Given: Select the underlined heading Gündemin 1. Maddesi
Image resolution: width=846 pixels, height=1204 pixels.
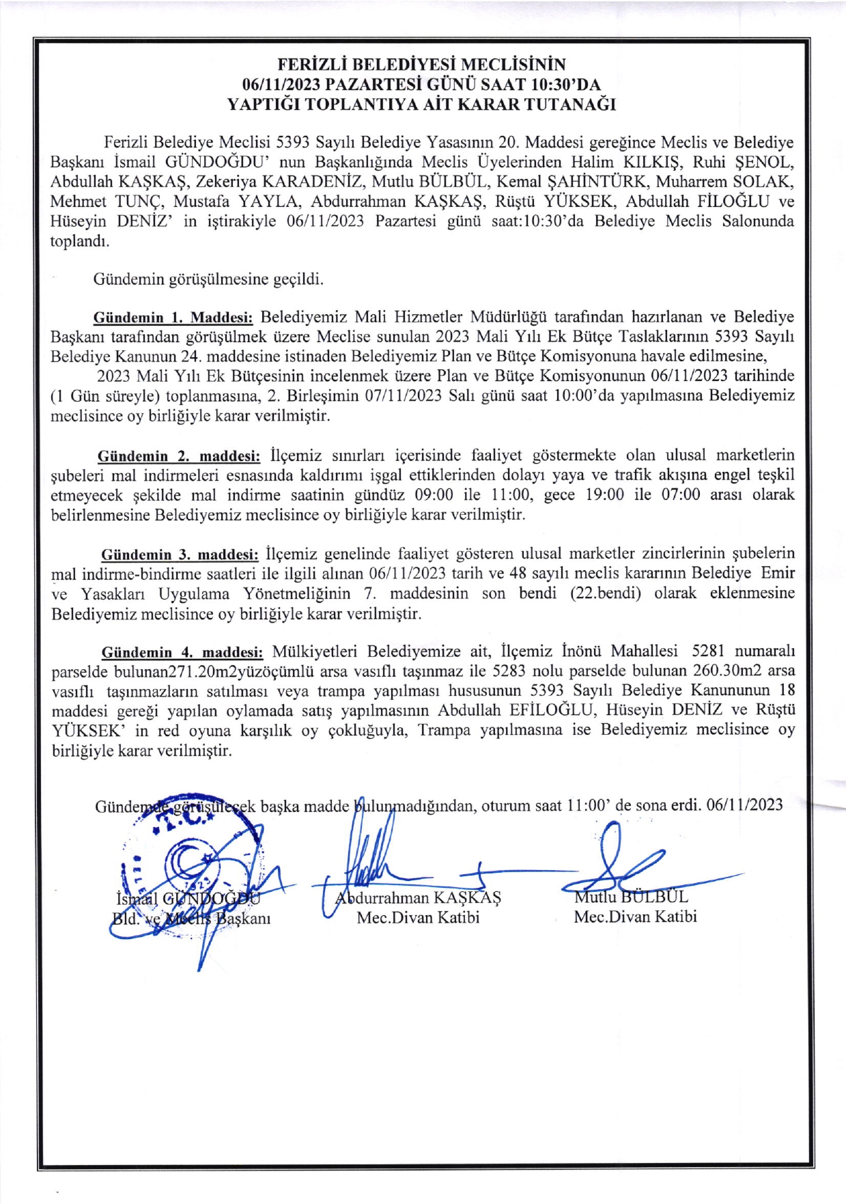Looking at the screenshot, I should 173,318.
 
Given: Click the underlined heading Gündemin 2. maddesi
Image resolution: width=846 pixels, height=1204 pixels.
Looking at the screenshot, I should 179,456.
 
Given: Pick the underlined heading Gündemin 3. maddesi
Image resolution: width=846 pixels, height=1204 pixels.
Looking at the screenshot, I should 180,554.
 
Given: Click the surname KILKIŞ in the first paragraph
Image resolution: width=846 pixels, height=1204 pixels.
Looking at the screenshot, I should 651,163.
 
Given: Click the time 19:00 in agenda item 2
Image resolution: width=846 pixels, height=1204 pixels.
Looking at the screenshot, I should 604,495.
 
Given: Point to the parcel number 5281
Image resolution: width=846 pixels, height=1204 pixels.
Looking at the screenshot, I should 707,652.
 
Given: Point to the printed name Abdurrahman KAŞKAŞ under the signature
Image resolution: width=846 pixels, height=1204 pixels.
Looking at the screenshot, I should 418,897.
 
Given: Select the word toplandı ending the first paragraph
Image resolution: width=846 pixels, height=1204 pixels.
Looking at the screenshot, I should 80,242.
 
